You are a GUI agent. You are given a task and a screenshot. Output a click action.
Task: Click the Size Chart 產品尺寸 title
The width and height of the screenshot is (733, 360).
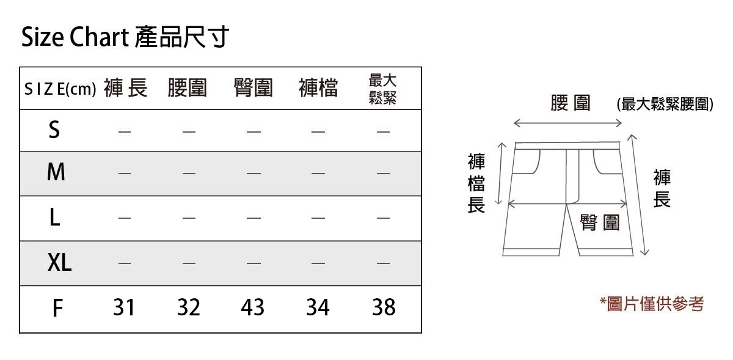(x=125, y=38)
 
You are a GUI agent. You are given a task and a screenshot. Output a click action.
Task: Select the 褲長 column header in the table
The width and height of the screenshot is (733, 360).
(x=125, y=89)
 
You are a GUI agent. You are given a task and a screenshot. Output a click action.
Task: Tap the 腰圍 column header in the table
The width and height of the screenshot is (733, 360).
(x=188, y=89)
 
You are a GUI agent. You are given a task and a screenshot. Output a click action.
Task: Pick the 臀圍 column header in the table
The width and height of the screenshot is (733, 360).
(x=253, y=89)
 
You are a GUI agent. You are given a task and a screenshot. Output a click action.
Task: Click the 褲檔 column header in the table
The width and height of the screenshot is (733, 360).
(x=318, y=89)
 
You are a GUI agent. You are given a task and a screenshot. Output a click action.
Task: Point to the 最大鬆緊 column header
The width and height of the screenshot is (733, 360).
(x=383, y=89)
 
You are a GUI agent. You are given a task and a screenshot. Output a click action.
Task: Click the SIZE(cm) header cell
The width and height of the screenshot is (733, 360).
(x=60, y=89)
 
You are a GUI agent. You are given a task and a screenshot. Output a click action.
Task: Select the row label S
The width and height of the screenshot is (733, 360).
(x=55, y=130)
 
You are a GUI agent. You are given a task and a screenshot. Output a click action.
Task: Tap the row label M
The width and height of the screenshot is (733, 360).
(x=56, y=173)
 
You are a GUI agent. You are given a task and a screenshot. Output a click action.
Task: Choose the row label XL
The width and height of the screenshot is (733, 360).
(x=59, y=263)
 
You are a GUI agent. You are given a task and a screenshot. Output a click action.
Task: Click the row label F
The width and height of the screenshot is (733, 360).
(x=57, y=308)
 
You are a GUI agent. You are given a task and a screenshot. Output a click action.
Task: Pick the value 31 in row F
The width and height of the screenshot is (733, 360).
(x=124, y=307)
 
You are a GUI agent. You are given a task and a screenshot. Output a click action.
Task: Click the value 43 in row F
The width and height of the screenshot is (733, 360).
(x=252, y=307)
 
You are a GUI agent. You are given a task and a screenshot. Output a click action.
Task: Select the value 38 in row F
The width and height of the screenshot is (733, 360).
(x=384, y=307)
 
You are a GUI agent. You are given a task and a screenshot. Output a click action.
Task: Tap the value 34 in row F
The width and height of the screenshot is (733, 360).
(x=318, y=307)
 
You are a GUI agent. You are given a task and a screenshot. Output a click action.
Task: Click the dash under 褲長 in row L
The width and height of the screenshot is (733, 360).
(x=124, y=218)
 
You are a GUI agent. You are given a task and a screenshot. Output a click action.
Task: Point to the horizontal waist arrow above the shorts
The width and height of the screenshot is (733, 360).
(x=567, y=123)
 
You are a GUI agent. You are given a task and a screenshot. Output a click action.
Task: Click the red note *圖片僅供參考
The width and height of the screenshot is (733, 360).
(x=651, y=304)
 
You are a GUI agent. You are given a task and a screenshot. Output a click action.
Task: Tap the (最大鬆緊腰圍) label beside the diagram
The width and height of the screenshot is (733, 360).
(x=665, y=105)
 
